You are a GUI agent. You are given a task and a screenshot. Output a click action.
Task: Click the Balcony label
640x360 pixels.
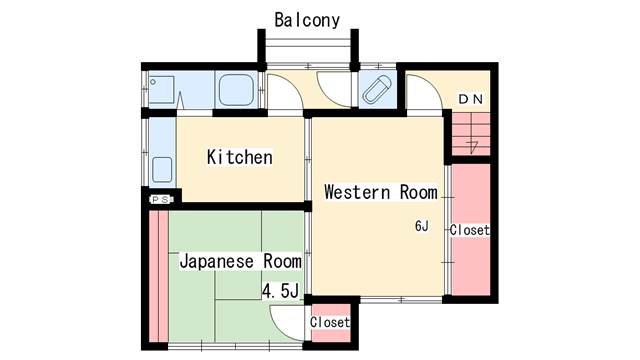coord(307,20)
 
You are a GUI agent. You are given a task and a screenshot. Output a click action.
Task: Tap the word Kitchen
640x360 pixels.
coord(240,157)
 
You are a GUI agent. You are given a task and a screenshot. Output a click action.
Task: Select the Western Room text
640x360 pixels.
coord(381,192)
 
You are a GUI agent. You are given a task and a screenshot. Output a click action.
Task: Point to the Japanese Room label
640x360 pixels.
coord(240,261)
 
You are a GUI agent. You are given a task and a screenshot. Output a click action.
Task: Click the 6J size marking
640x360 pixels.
coord(422,226)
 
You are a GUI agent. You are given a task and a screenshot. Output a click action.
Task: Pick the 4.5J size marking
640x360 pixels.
coord(280,291)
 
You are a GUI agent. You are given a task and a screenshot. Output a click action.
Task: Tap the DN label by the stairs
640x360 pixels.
coord(471,99)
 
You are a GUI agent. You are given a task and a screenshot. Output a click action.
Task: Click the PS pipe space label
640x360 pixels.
coord(161,200)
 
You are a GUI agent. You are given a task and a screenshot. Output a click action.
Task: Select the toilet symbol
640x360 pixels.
coord(377,90)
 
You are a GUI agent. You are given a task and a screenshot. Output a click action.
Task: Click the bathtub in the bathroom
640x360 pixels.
coord(236,90)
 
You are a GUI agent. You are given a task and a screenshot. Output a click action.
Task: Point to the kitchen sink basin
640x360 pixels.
coord(162,169)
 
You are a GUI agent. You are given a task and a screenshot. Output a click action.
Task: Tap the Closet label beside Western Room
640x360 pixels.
coord(469,230)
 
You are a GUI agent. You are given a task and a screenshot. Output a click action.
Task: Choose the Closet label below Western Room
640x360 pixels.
coord(330,322)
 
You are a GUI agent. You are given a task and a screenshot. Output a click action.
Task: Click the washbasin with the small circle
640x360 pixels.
coord(161,90)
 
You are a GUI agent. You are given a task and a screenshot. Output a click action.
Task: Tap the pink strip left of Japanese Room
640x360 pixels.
coord(158,276)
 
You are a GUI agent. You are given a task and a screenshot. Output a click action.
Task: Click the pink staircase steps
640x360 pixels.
coord(471,134)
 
